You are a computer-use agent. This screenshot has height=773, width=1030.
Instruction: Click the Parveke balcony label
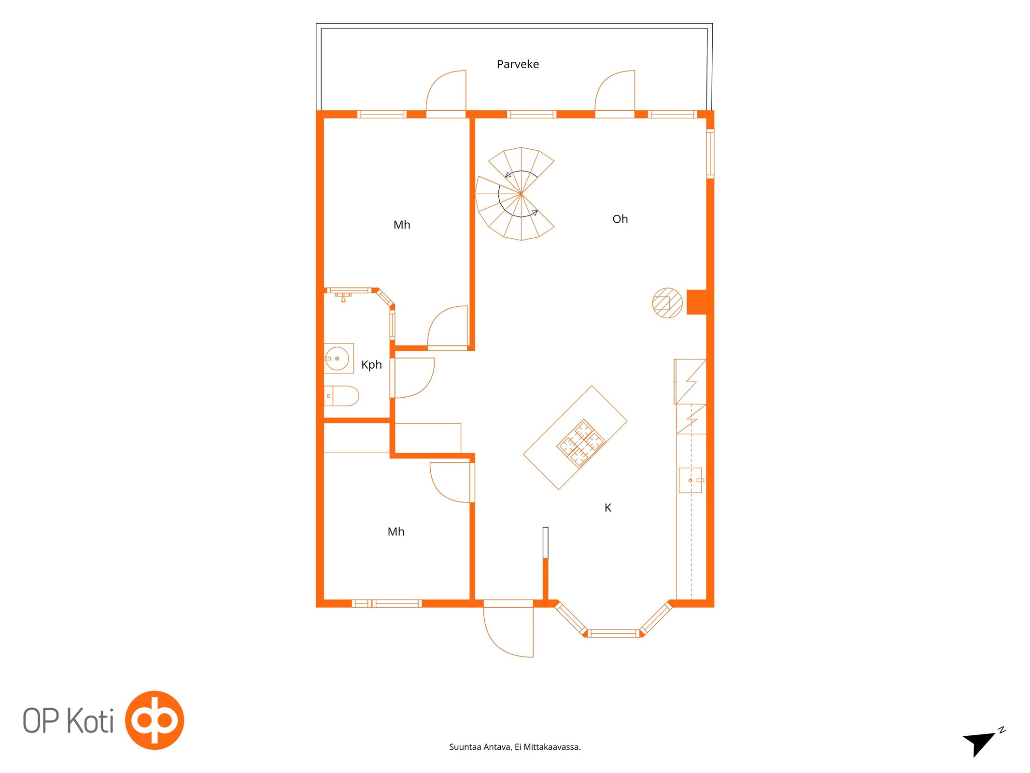[518, 64]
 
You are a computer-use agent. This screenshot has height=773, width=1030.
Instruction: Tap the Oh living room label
[620, 219]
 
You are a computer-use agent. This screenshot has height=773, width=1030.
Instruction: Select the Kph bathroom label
[371, 365]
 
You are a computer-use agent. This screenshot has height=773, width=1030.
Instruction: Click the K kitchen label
[608, 507]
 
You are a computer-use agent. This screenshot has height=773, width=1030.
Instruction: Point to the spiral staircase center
[521, 194]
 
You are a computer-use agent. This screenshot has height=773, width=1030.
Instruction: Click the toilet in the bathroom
[341, 396]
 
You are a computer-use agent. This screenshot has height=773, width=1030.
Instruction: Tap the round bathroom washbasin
[337, 358]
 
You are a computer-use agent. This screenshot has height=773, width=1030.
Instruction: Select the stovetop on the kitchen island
[581, 443]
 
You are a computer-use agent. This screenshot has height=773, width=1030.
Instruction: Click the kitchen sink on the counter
[691, 480]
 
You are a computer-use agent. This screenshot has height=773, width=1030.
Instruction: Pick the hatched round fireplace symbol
[667, 303]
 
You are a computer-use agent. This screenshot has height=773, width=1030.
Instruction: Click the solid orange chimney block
[697, 302]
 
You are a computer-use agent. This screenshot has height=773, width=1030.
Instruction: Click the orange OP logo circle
[155, 720]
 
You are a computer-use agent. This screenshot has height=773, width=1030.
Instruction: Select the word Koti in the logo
[90, 721]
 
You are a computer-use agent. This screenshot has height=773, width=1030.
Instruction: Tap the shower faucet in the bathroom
[343, 297]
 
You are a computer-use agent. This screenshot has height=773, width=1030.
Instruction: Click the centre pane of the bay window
[613, 633]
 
